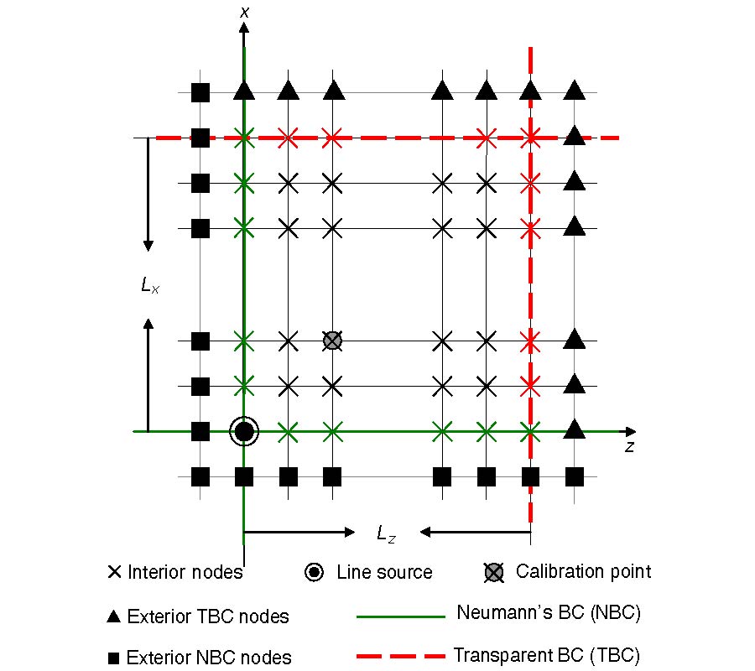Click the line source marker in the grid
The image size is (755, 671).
click(244, 432)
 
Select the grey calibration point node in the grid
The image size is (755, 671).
click(333, 341)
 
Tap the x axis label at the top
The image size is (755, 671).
click(243, 12)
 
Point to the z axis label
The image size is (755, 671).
click(629, 447)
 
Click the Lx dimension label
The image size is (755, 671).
click(150, 286)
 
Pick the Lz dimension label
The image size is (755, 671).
click(386, 533)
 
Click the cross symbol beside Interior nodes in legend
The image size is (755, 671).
click(116, 573)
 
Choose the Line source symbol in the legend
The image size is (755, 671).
click(314, 573)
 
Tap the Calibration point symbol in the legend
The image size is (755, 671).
click(495, 573)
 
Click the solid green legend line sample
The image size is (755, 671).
click(400, 616)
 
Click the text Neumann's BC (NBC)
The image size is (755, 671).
click(549, 613)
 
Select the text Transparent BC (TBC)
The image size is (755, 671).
click(551, 654)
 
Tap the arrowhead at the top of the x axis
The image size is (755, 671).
click(243, 28)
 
